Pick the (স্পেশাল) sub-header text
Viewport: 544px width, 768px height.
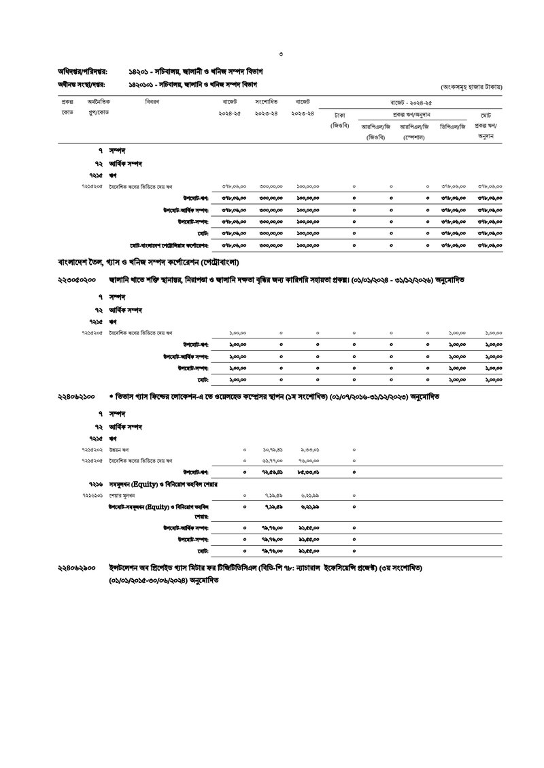(413, 137)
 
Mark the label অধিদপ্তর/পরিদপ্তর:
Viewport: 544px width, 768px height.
(82, 72)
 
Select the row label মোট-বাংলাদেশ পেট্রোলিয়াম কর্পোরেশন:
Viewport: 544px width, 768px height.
(169, 245)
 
